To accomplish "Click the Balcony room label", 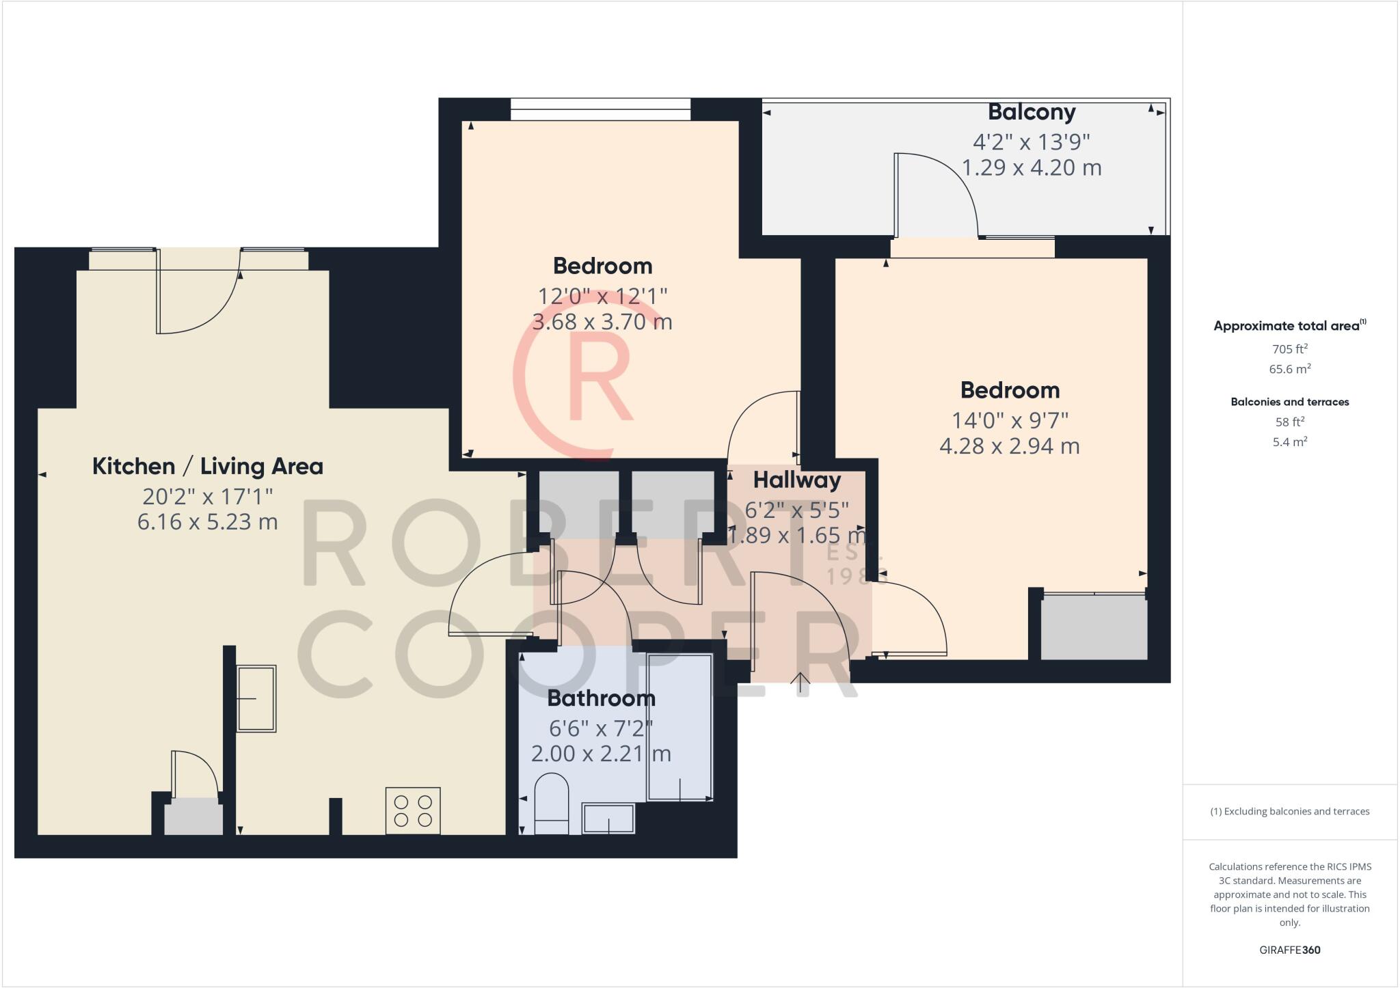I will tap(1032, 112).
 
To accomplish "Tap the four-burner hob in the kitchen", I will tap(413, 810).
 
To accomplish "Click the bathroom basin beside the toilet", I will tap(608, 818).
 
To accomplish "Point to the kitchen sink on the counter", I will tap(256, 698).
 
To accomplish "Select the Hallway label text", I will tap(797, 480).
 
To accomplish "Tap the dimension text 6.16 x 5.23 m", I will tap(207, 522).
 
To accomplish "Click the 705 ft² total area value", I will tap(1289, 349).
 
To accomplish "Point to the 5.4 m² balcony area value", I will tap(1289, 442).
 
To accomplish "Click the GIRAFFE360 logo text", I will tap(1289, 950).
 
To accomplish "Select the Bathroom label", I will tap(601, 698).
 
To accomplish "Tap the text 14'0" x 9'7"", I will tap(1010, 420).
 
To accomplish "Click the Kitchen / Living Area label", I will tap(207, 467).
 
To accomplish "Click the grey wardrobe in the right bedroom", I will tap(1094, 628).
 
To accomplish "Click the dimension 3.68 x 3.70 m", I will tap(602, 322).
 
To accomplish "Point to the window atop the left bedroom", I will tap(600, 109).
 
